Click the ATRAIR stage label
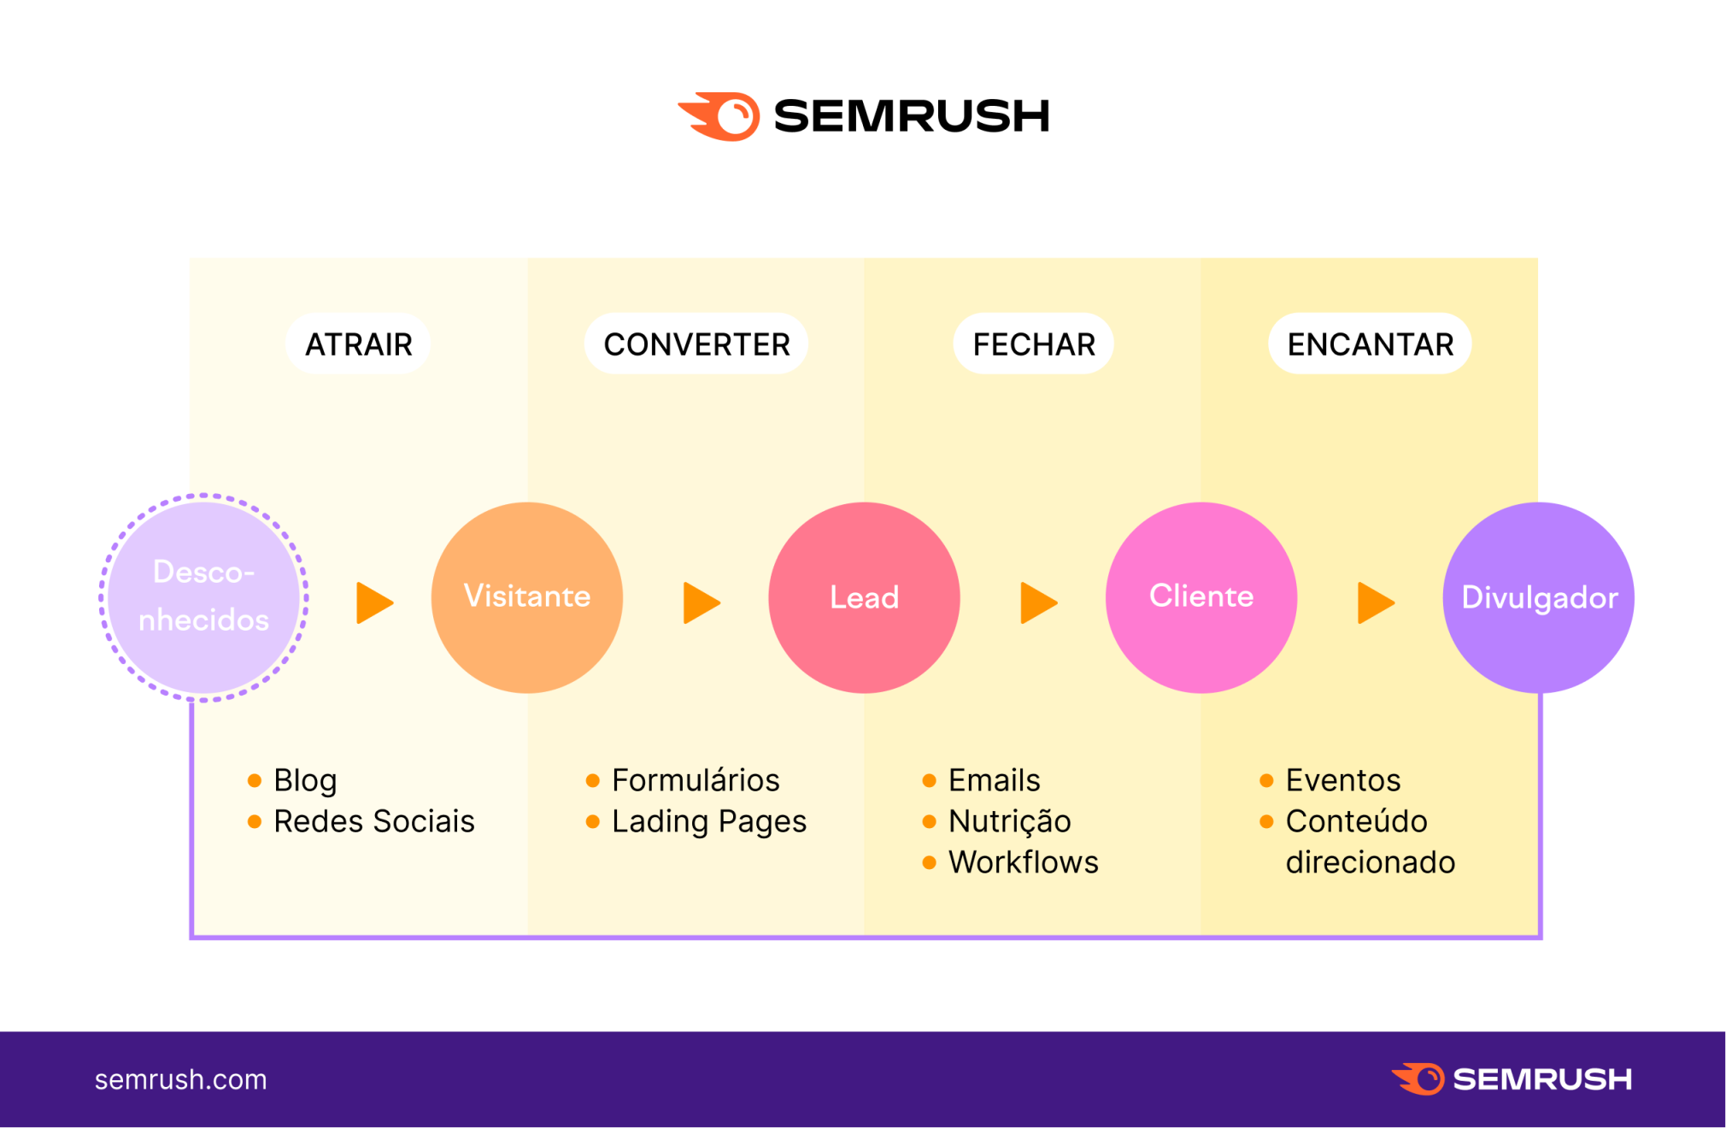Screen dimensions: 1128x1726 [x=358, y=344]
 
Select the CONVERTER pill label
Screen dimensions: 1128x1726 [x=696, y=344]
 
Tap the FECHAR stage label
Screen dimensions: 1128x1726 [x=1033, y=344]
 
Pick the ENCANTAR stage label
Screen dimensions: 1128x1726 [x=1370, y=344]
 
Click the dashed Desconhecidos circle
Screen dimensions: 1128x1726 [x=203, y=596]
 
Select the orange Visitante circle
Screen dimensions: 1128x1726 [x=526, y=596]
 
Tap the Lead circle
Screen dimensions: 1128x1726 [x=864, y=596]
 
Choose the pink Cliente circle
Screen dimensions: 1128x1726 [x=1201, y=596]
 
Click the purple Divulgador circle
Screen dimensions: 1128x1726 [x=1538, y=596]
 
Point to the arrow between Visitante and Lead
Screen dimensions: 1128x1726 [x=701, y=603]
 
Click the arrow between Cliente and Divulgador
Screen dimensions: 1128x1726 [x=1374, y=603]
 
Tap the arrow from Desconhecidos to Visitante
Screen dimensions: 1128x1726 [x=373, y=603]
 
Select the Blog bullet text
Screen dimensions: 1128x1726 [x=305, y=780]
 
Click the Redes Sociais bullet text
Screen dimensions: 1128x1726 [x=373, y=821]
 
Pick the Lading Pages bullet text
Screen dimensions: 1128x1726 [x=708, y=821]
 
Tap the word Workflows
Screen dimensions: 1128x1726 [x=1023, y=862]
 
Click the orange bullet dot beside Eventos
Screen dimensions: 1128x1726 [x=1266, y=780]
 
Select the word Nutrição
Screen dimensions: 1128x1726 [x=1009, y=821]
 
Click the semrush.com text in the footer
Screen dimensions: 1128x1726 [x=180, y=1079]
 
